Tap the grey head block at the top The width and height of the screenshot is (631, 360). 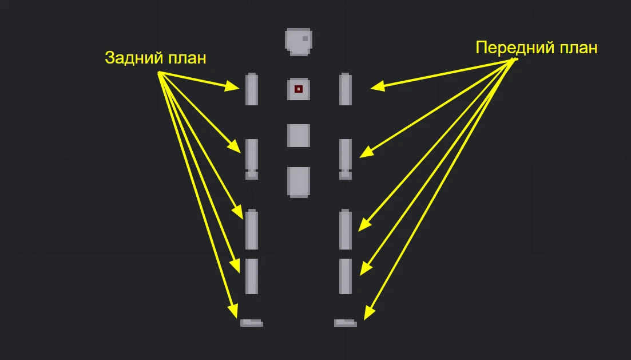(299, 42)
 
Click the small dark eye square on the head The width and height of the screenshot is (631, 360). (305, 39)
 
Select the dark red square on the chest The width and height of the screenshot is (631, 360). (298, 89)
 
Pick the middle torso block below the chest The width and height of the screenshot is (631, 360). (299, 136)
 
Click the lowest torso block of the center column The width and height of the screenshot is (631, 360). (299, 183)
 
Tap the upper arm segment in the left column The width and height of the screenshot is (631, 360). (252, 89)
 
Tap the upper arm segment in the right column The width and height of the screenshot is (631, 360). (346, 89)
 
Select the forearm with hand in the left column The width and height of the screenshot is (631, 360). (252, 159)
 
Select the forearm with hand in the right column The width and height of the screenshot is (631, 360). (346, 159)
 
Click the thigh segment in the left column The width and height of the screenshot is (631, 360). (252, 230)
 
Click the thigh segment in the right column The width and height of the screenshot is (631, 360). (346, 230)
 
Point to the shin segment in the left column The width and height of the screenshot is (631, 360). (252, 276)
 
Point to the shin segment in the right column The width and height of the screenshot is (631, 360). (346, 276)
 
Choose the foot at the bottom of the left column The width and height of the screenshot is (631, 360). (252, 323)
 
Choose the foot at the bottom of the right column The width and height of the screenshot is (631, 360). (346, 323)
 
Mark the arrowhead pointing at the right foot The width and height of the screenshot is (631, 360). (369, 314)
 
